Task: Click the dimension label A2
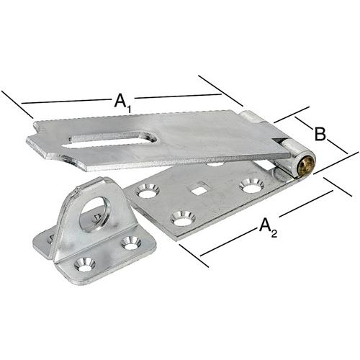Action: click(x=268, y=228)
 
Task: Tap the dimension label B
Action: click(x=320, y=135)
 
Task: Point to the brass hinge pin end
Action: click(x=306, y=166)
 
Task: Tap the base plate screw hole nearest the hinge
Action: click(x=251, y=186)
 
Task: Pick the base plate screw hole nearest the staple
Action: click(x=148, y=192)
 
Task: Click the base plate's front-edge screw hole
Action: click(x=183, y=218)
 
